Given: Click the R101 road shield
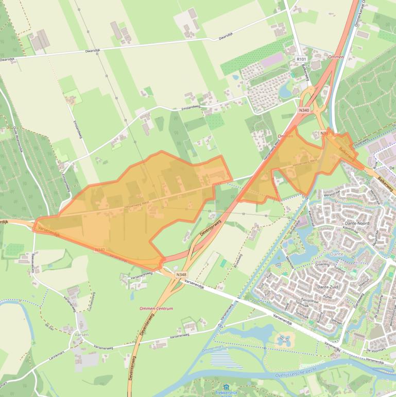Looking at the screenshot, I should (301, 60).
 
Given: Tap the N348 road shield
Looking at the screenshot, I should (181, 275).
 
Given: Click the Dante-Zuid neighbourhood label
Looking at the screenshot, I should (330, 287).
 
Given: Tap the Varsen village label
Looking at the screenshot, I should (82, 334).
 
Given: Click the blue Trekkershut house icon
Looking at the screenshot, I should (226, 386).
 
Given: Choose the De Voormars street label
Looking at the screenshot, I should (375, 350).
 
